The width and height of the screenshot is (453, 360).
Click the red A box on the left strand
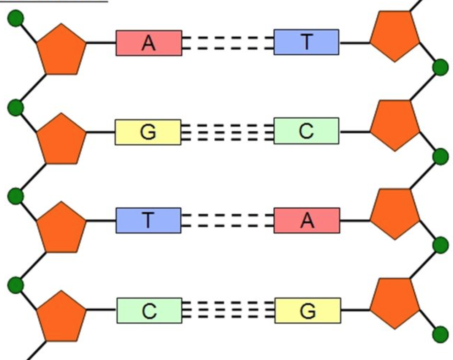tap(149, 43)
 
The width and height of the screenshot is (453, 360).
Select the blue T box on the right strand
tap(306, 42)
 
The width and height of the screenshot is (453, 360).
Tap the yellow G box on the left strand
tap(148, 132)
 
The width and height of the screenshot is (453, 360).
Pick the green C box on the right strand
tap(306, 131)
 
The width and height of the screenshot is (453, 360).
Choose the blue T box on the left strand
tap(148, 220)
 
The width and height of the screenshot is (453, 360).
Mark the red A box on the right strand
tap(307, 220)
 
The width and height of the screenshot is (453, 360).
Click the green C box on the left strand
tap(149, 311)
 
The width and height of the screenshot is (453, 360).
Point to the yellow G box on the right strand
tap(308, 311)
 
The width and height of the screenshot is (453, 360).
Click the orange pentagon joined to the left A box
tap(61, 50)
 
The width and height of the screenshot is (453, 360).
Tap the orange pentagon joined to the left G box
tap(61, 140)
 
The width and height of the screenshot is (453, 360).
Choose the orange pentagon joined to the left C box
tap(61, 317)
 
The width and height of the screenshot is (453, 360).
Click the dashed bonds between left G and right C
tap(228, 132)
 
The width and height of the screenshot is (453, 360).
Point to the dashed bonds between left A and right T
tap(228, 43)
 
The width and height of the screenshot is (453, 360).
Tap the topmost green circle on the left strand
tap(16, 18)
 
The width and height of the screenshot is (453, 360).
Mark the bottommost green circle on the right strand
tap(441, 334)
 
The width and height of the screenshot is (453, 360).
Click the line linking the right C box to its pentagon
tap(354, 132)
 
